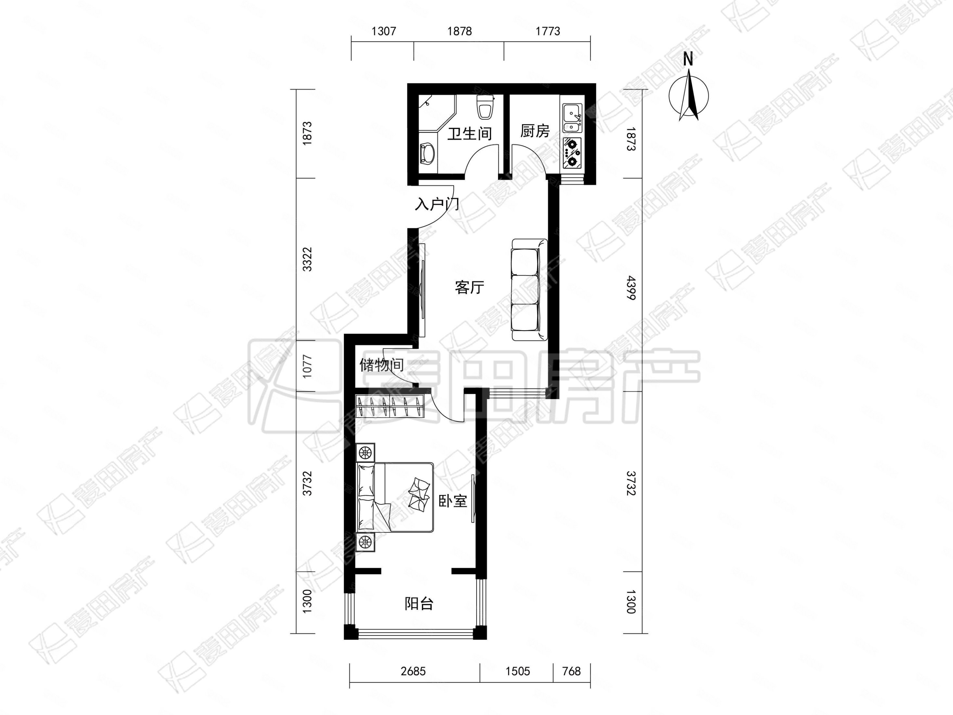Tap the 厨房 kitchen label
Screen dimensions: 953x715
pyautogui.click(x=535, y=131)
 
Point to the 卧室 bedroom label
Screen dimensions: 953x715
pyautogui.click(x=452, y=501)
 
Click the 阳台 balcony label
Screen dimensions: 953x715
pyautogui.click(x=419, y=604)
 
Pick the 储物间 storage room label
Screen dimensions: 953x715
pyautogui.click(x=381, y=365)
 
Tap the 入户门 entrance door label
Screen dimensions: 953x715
pyautogui.click(x=437, y=204)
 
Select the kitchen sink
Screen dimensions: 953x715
pyautogui.click(x=572, y=118)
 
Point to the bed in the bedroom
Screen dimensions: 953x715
pyautogui.click(x=395, y=497)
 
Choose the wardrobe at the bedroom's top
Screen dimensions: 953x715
pyautogui.click(x=389, y=406)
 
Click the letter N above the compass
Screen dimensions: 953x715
pyautogui.click(x=688, y=59)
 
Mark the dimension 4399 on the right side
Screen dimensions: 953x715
pyautogui.click(x=630, y=288)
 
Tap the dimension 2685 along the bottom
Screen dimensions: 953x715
pyautogui.click(x=413, y=671)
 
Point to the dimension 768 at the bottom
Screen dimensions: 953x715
pyautogui.click(x=571, y=671)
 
